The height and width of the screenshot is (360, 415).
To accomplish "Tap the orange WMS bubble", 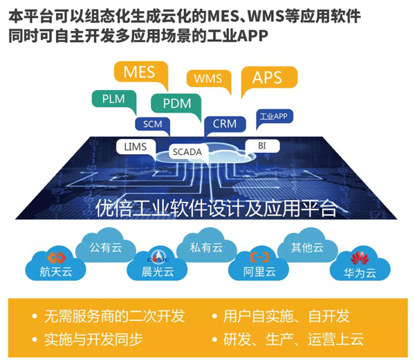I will pyautogui.click(x=208, y=79).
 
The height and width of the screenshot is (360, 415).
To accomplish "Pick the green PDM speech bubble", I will pyautogui.click(x=176, y=104).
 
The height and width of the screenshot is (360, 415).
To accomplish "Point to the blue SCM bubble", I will pyautogui.click(x=151, y=124).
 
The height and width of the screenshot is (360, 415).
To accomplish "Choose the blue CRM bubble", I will pyautogui.click(x=225, y=124).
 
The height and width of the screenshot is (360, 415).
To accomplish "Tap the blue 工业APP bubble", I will pyautogui.click(x=273, y=117).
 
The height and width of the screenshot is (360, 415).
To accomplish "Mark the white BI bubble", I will pyautogui.click(x=261, y=146).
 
